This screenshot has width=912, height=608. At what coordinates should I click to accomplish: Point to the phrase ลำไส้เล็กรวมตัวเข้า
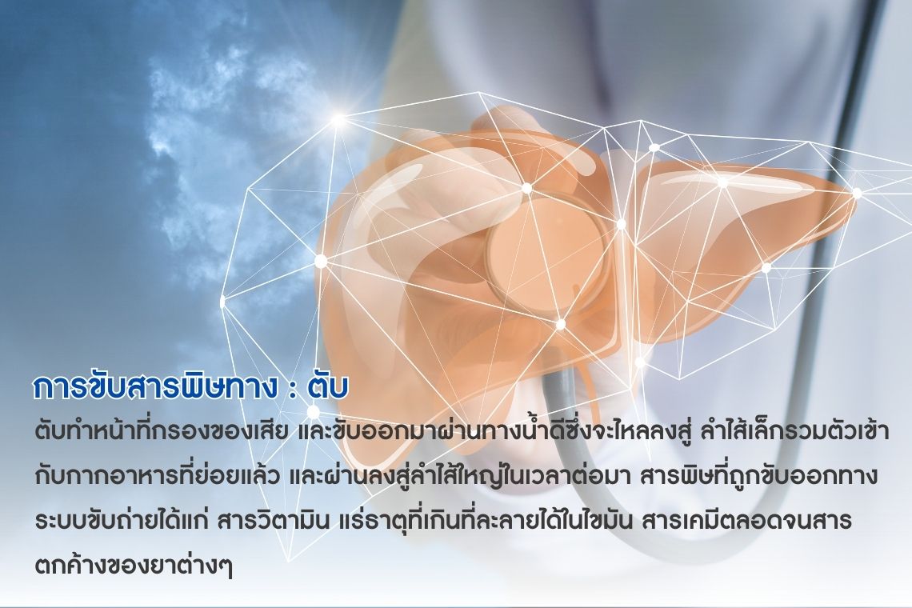click(x=792, y=432)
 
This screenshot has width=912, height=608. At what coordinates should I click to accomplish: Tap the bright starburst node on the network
click(x=338, y=120)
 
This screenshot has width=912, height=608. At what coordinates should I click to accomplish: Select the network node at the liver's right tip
click(x=857, y=193)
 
